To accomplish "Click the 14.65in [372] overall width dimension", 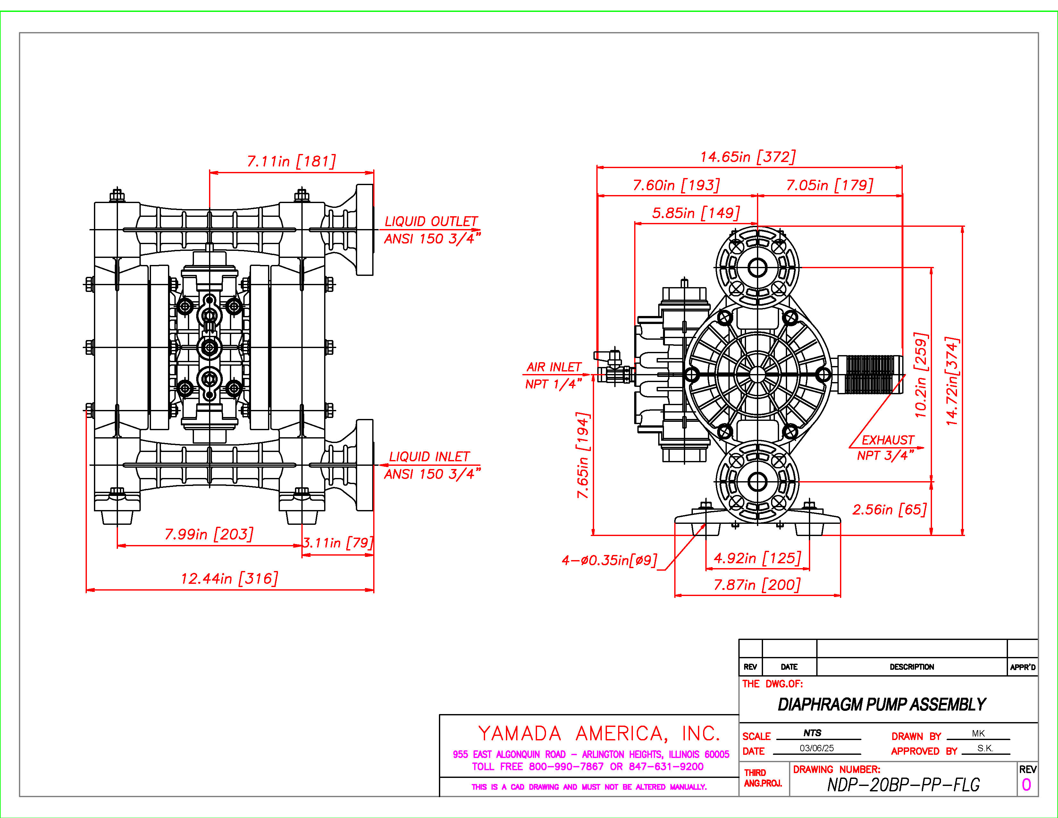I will [x=747, y=157].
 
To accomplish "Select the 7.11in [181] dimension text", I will [x=291, y=161].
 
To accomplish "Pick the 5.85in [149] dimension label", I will [x=696, y=213].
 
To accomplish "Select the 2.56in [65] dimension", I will [x=889, y=509].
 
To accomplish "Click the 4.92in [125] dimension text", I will [x=757, y=558].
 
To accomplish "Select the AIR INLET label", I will [x=554, y=367].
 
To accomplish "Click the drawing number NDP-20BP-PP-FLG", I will [x=903, y=785].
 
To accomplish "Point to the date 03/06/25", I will [x=817, y=748].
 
